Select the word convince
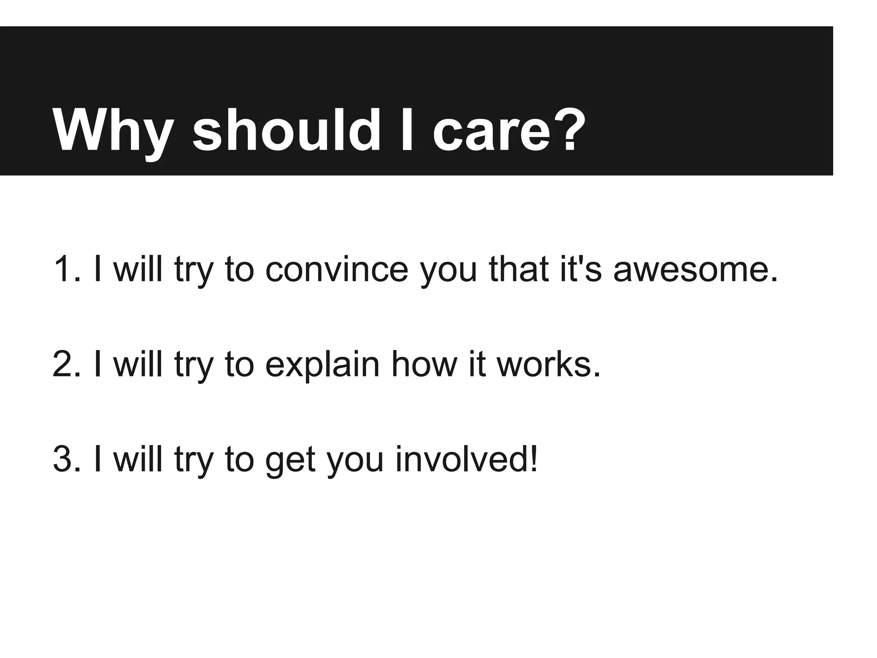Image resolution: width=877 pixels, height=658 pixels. (x=337, y=269)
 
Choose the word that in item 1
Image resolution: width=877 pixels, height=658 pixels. (x=519, y=269)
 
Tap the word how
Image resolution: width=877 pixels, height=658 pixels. (x=424, y=365)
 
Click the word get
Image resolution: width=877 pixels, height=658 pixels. (x=290, y=461)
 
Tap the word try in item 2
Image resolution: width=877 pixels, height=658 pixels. (x=194, y=366)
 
